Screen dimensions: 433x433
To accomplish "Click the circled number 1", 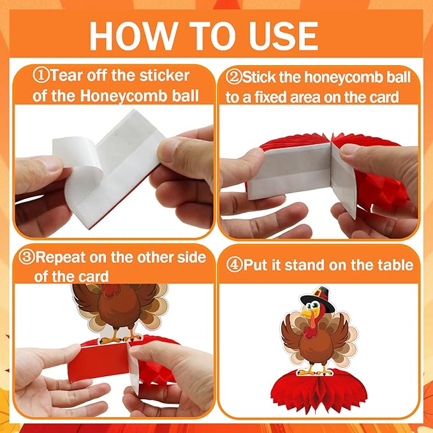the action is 41,75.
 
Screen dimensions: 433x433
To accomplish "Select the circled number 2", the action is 233,77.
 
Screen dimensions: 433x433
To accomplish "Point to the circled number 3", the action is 27,257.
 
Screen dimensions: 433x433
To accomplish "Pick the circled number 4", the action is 235,265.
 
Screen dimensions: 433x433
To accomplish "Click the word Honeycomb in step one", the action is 124,96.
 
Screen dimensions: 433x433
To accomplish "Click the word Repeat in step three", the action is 61,258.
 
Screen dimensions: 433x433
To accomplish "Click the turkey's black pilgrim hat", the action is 318,299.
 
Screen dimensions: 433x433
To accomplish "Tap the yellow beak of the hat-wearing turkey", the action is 307,313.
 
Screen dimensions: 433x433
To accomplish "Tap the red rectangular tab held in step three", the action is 99,362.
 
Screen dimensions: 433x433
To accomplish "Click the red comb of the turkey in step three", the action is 110,290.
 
